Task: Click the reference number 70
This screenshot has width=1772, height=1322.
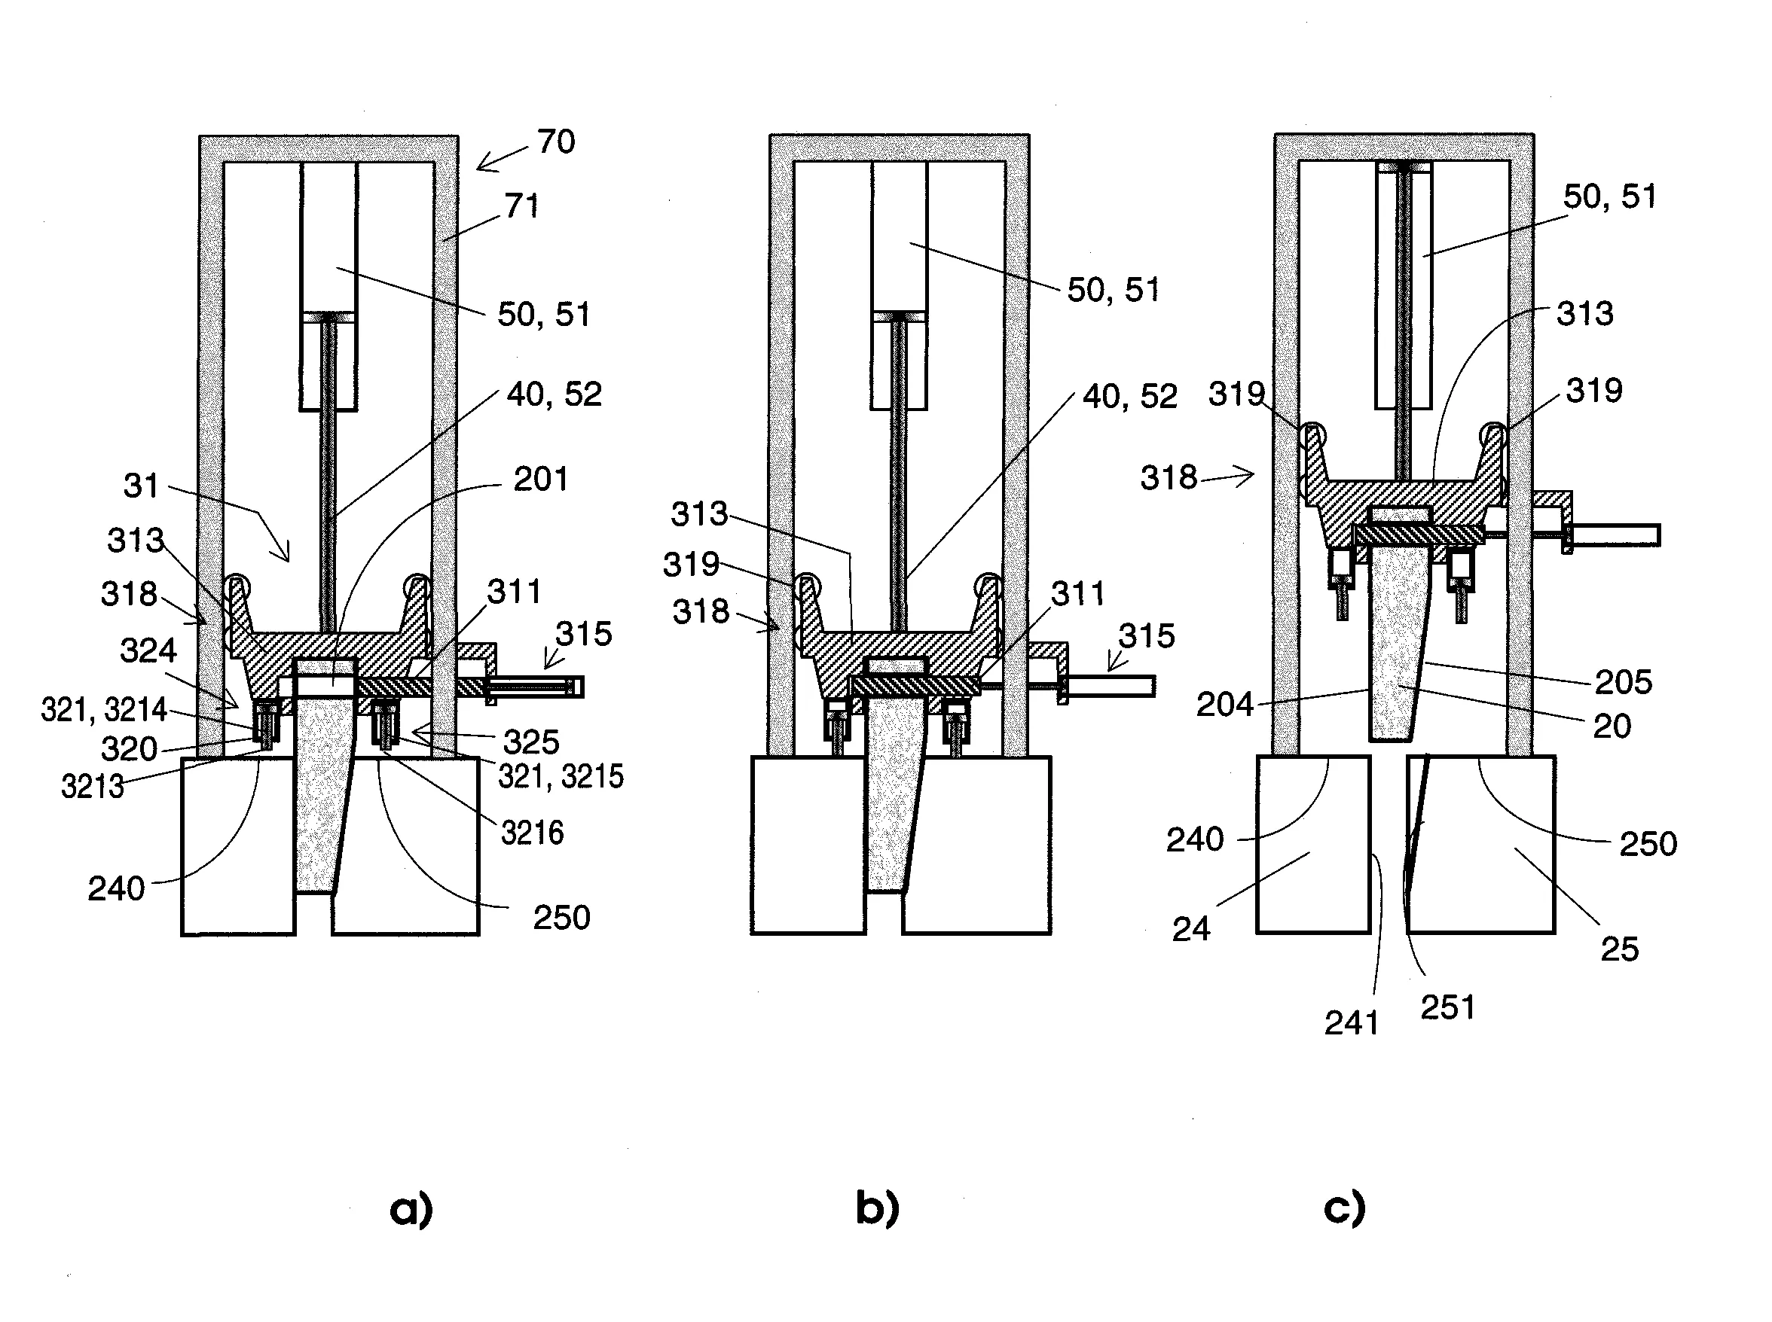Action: [x=556, y=142]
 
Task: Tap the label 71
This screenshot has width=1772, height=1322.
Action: [x=522, y=206]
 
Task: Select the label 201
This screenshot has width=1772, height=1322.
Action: [x=540, y=480]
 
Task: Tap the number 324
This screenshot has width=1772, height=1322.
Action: [x=148, y=650]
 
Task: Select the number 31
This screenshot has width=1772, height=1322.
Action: [x=141, y=486]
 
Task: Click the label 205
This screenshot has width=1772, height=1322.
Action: [x=1623, y=683]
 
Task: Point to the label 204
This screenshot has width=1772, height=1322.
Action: [x=1224, y=705]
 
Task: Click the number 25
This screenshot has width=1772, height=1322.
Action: [x=1619, y=950]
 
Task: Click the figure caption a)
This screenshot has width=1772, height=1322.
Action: [x=411, y=1210]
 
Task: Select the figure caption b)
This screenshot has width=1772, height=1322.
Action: [x=878, y=1209]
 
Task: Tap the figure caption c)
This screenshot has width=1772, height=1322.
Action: [x=1344, y=1209]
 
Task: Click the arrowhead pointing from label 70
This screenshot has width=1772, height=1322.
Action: [x=480, y=167]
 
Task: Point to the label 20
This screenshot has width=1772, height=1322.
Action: [x=1612, y=726]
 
